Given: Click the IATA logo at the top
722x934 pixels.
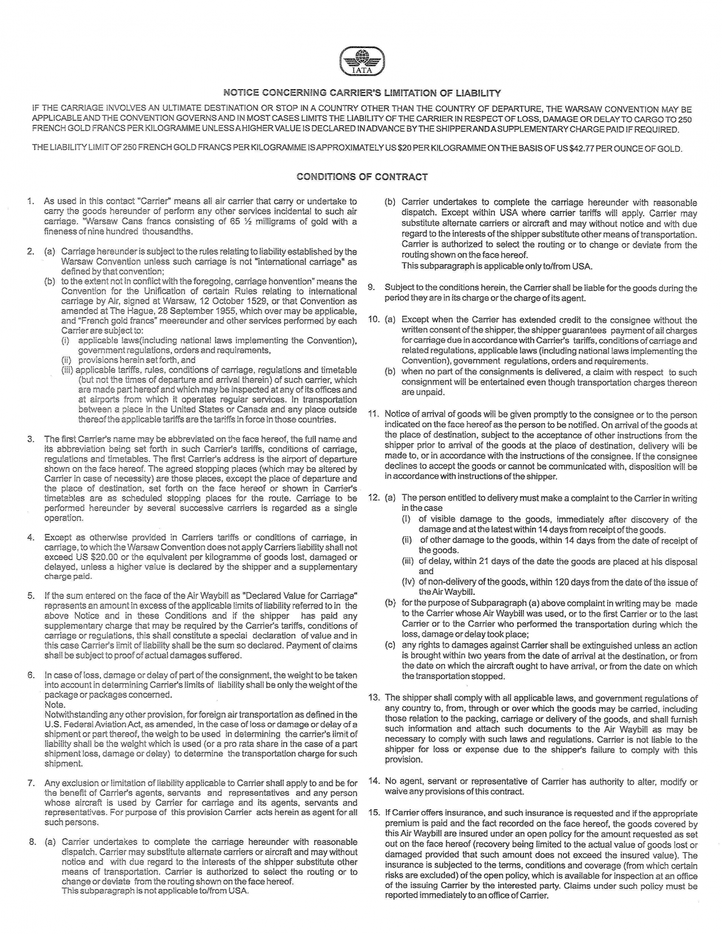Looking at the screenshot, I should (362, 62).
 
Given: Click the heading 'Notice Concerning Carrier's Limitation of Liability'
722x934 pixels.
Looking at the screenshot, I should (362, 93).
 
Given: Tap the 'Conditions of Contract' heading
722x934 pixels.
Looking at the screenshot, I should (362, 177).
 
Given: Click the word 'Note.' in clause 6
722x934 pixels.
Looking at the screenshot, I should (55, 705).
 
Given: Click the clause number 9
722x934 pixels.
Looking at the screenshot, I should (372, 288).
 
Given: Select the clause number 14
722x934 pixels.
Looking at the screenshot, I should (373, 782).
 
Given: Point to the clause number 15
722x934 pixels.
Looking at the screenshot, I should (373, 813).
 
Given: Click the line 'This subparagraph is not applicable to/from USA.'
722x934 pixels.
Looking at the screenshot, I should (155, 891).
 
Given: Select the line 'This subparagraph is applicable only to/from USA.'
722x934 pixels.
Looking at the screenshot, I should (497, 266).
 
